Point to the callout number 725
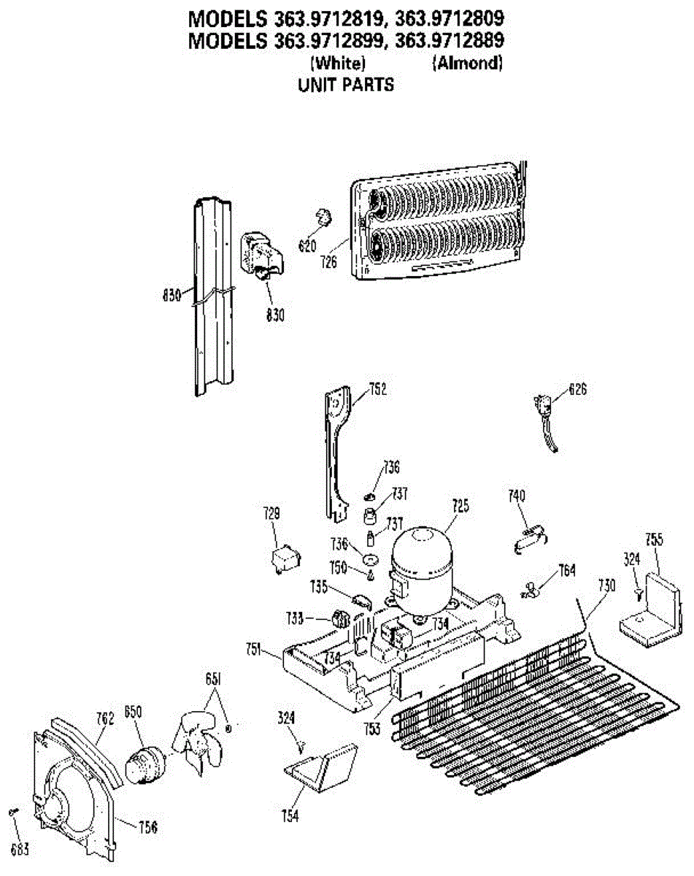point(460,505)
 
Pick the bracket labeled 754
point(321,766)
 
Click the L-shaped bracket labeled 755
point(649,610)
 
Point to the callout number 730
point(606,583)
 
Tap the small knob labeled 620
point(323,217)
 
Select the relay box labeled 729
point(281,561)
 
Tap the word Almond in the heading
point(467,64)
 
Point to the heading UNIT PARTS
point(346,85)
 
